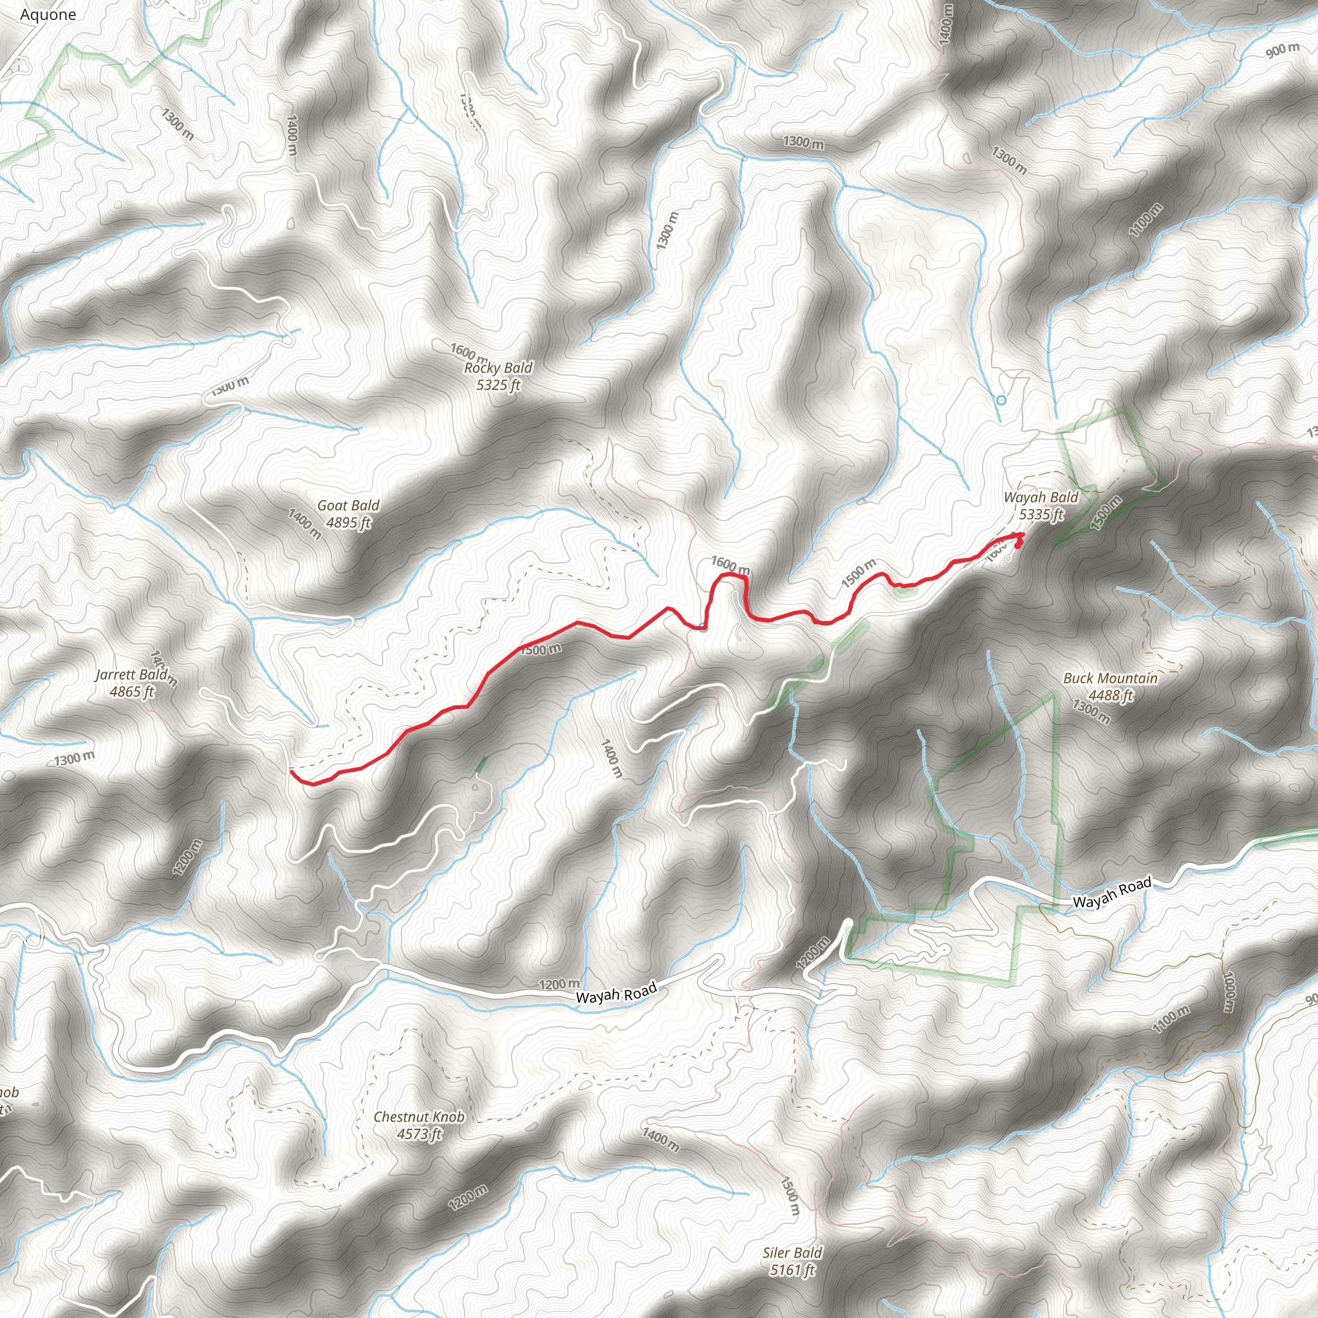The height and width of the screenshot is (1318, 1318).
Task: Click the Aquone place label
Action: (x=48, y=14)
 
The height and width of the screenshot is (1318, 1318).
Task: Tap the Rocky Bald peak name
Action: (x=498, y=367)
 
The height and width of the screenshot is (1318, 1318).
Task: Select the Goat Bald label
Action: (x=348, y=505)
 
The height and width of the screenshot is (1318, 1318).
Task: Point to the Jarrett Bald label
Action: (x=131, y=674)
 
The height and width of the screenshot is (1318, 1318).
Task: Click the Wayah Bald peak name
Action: (x=1041, y=497)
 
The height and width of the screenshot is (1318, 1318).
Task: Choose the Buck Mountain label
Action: (x=1111, y=678)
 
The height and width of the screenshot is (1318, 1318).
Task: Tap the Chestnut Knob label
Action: (x=419, y=1117)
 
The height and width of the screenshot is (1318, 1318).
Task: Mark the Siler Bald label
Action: (x=792, y=1252)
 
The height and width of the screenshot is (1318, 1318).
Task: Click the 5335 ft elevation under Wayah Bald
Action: (x=1041, y=514)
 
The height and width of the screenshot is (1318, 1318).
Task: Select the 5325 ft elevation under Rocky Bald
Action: (x=498, y=385)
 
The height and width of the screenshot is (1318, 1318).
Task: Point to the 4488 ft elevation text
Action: (x=1111, y=695)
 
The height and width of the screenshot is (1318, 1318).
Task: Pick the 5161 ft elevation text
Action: (x=792, y=1270)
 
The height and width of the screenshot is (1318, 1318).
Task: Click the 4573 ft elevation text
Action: (x=419, y=1134)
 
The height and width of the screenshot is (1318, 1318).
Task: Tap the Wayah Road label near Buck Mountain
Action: (x=1112, y=893)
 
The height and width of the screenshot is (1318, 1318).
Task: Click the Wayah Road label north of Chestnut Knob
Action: (x=616, y=993)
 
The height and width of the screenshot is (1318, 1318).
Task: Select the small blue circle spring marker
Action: (x=1001, y=400)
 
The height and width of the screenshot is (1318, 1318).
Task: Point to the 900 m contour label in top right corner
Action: (x=1283, y=49)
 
